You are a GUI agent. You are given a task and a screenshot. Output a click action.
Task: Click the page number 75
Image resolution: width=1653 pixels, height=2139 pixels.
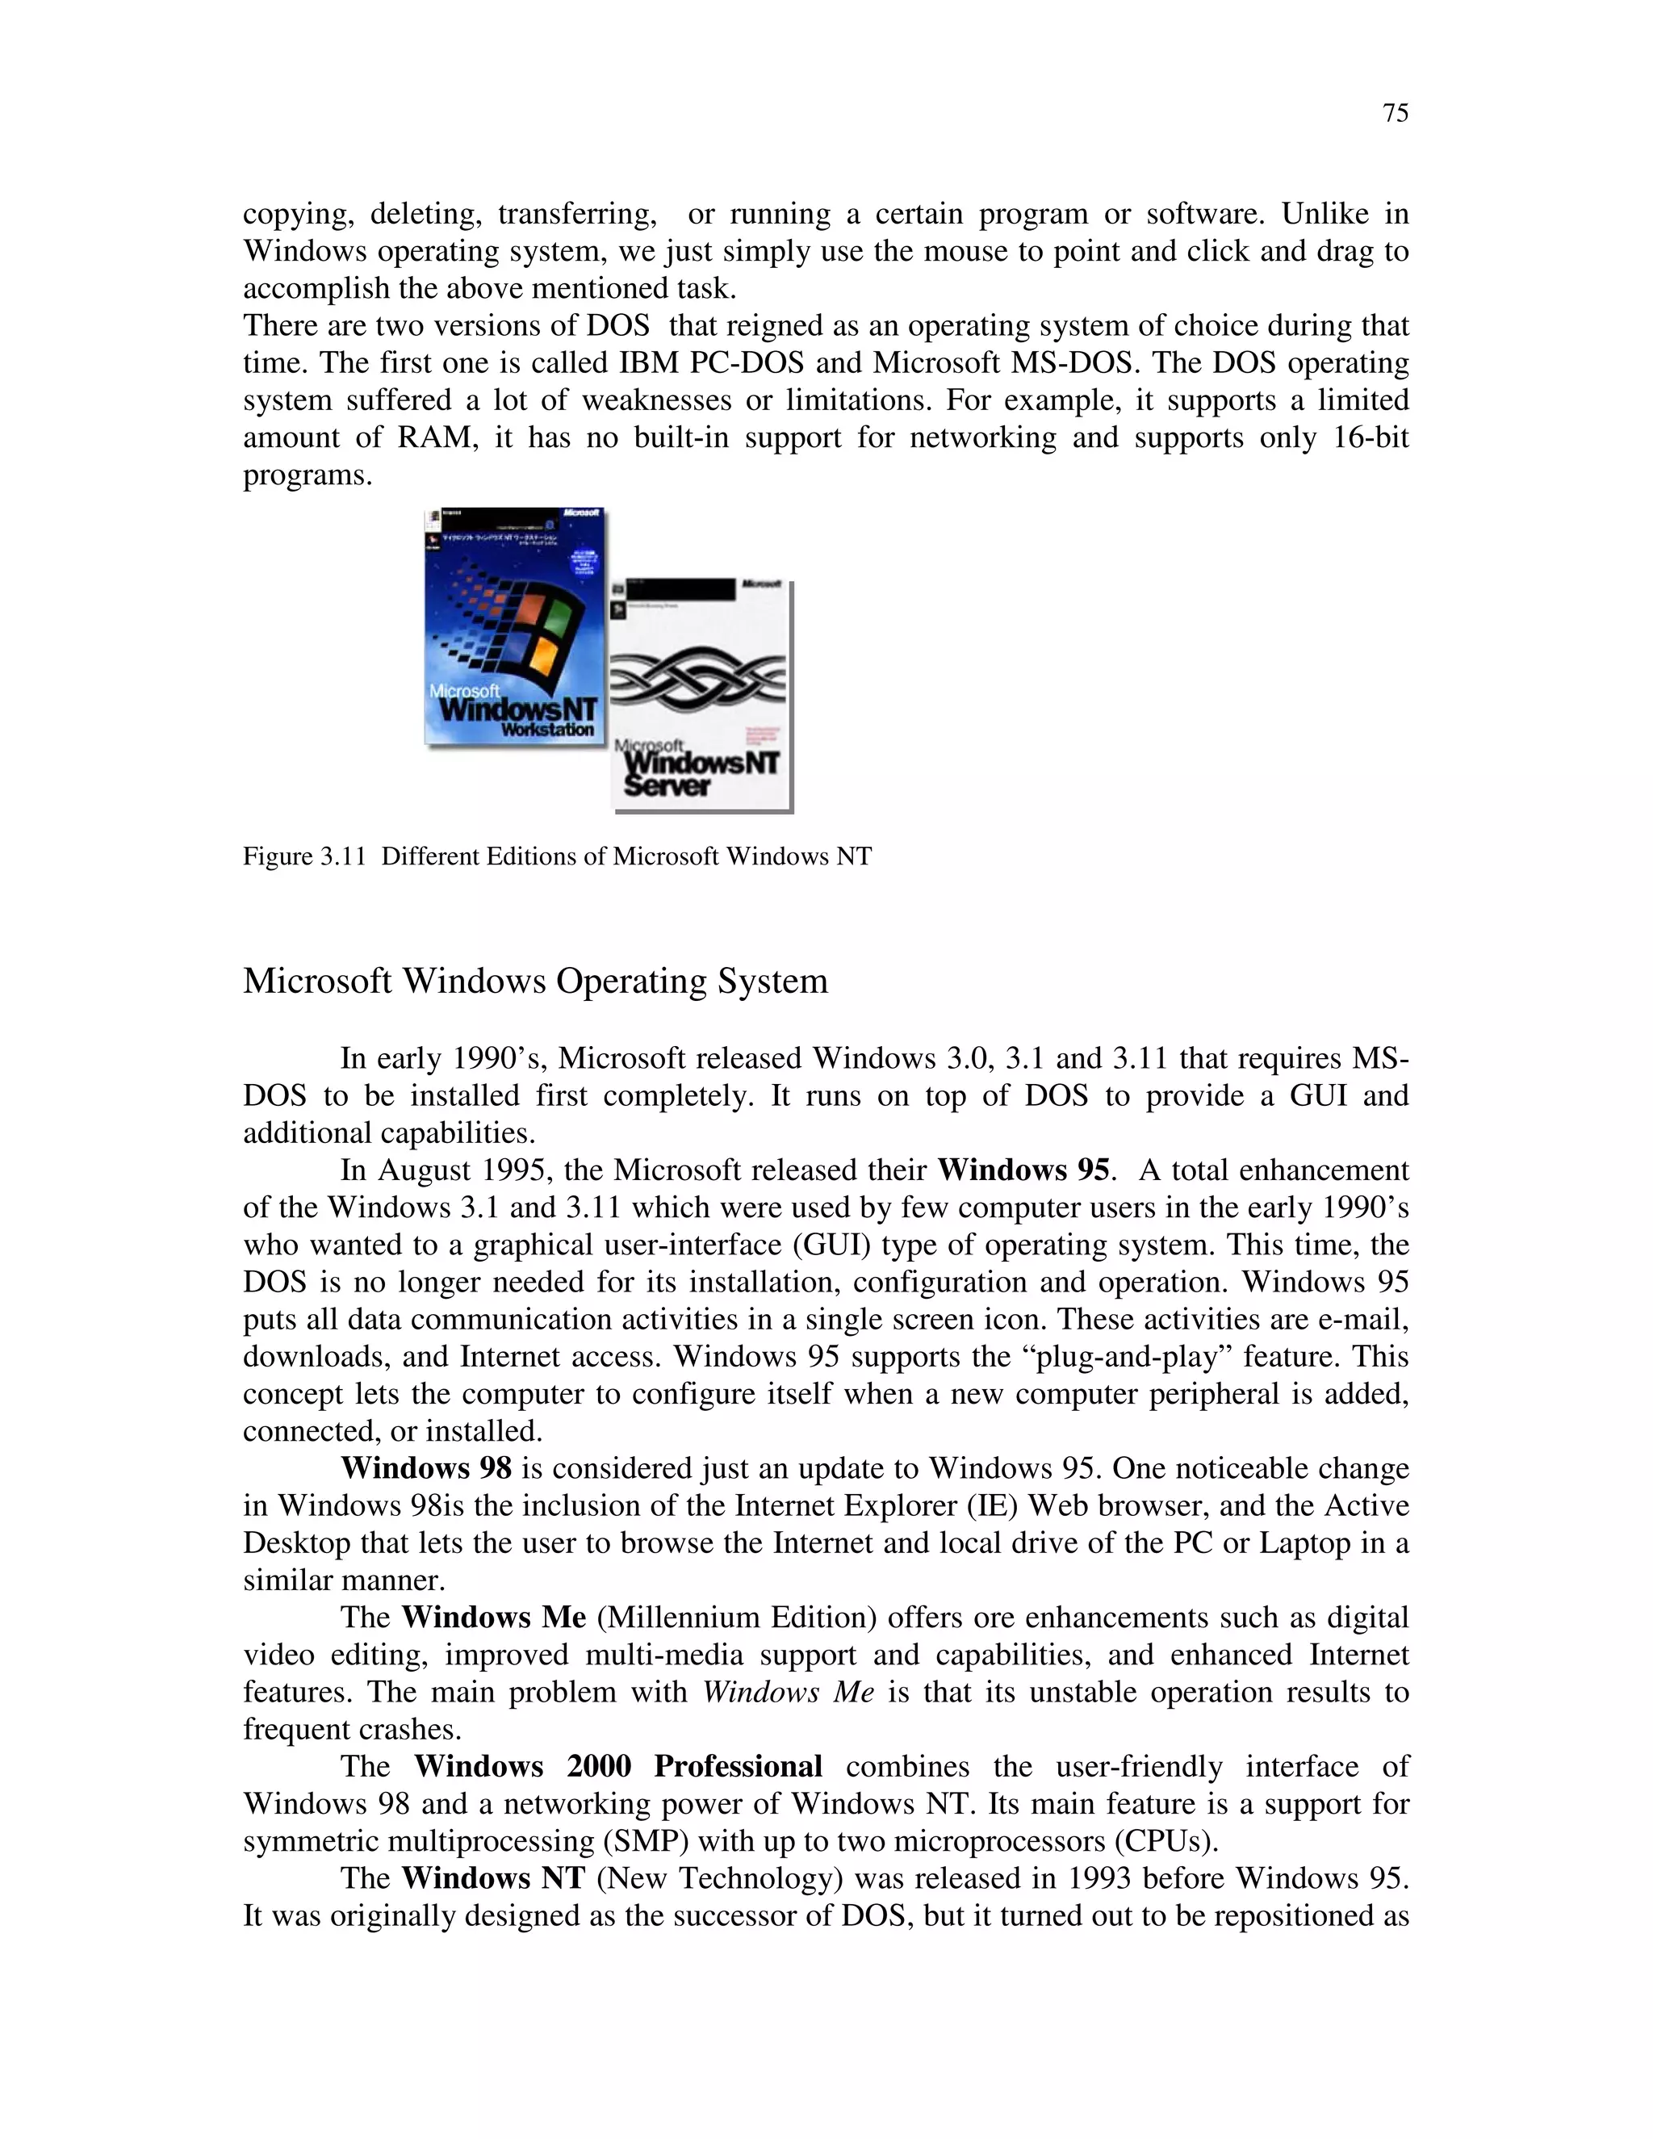click(1396, 114)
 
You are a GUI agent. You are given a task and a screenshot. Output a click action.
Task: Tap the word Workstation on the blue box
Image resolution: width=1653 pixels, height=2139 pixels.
click(547, 730)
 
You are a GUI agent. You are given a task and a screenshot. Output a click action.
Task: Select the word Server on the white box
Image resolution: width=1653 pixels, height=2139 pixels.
click(667, 785)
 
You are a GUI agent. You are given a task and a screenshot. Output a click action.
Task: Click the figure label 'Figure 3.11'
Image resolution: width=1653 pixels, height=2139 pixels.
click(303, 857)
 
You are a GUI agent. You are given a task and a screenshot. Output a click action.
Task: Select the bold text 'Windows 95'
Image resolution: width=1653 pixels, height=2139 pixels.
click(1023, 1170)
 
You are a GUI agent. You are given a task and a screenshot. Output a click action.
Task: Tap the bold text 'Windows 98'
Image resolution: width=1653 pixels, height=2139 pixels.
click(426, 1468)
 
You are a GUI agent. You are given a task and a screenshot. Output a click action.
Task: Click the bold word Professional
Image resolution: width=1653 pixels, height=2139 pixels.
click(738, 1766)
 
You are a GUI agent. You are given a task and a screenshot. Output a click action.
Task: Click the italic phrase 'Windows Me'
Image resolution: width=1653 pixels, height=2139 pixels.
click(789, 1693)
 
